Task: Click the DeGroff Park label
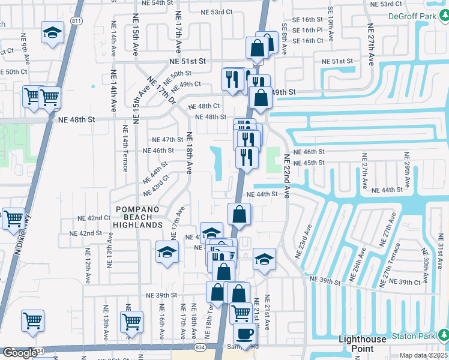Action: coord(412,16)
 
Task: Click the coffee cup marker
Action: coord(244,334)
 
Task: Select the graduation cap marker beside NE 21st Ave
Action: coord(264,259)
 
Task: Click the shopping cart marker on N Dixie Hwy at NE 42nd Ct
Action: coord(13,219)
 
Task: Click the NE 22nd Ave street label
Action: coord(286,176)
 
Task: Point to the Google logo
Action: coord(20,353)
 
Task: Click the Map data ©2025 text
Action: coord(423,355)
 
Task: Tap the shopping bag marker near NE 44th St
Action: coord(239,214)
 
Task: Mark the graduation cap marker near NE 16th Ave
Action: coord(167,251)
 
